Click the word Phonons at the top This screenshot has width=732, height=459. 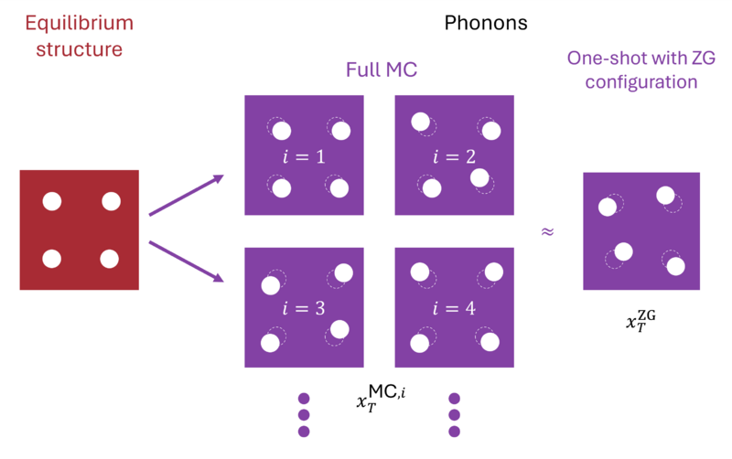pos(486,23)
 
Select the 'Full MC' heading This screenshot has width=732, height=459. pos(382,69)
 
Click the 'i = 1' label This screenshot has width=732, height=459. pos(305,156)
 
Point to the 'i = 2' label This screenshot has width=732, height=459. pos(454,156)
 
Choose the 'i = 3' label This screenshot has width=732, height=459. pos(305,307)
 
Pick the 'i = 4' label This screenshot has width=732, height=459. pos(454,307)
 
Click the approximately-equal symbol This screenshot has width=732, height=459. pos(547,231)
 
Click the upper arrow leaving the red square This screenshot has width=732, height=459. pos(187,196)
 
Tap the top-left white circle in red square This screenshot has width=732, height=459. pos(51,202)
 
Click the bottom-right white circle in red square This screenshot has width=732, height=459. pos(109,259)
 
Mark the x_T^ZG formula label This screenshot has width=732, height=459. pos(640,321)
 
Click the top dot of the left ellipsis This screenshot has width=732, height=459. pos(305,400)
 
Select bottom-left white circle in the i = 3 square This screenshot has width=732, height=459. pos(270,343)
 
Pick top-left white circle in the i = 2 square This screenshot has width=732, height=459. pos(420,121)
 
